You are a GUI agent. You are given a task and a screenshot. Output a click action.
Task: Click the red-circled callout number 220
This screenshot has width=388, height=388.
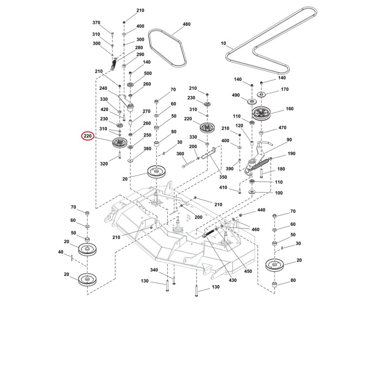88,136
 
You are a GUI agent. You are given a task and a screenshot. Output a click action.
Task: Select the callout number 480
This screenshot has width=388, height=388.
187,24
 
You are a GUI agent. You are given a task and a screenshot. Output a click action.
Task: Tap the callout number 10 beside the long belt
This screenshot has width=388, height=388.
223,43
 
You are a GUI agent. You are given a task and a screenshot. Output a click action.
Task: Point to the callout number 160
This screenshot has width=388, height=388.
290,109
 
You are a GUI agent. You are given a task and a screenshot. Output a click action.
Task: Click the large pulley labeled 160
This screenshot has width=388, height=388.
261,113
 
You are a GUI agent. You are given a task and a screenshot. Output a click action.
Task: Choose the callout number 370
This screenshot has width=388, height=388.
96,22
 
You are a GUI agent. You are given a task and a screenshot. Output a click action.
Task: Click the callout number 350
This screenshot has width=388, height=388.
223,177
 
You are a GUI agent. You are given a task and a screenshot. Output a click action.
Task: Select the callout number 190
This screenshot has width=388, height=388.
291,153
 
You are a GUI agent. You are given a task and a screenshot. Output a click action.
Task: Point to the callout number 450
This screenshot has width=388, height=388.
248,271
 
